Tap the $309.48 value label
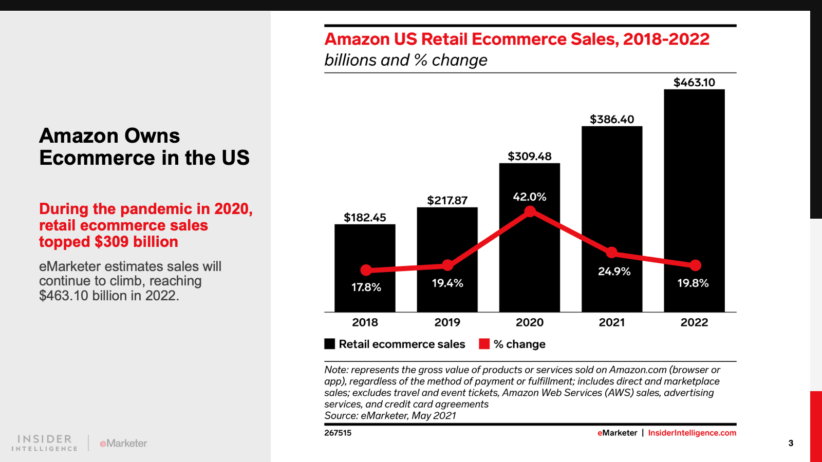pyautogui.click(x=529, y=157)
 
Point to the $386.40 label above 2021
pyautogui.click(x=611, y=120)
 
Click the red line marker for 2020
pyautogui.click(x=530, y=211)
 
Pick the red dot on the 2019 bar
pyautogui.click(x=447, y=265)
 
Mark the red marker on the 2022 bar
pyautogui.click(x=695, y=265)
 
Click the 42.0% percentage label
pyautogui.click(x=529, y=197)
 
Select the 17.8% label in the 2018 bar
pyautogui.click(x=366, y=287)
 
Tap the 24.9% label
pyautogui.click(x=614, y=272)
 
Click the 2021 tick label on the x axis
pyautogui.click(x=611, y=322)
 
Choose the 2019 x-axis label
pyautogui.click(x=447, y=322)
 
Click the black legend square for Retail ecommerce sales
pyautogui.click(x=330, y=344)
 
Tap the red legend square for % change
pyautogui.click(x=484, y=344)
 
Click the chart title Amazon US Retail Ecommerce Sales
pyautogui.click(x=516, y=39)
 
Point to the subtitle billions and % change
pyautogui.click(x=405, y=60)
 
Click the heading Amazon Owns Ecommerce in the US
pyautogui.click(x=144, y=147)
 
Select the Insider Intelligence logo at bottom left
pyautogui.click(x=45, y=442)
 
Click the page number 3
pyautogui.click(x=791, y=443)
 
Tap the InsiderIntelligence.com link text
pyautogui.click(x=692, y=433)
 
